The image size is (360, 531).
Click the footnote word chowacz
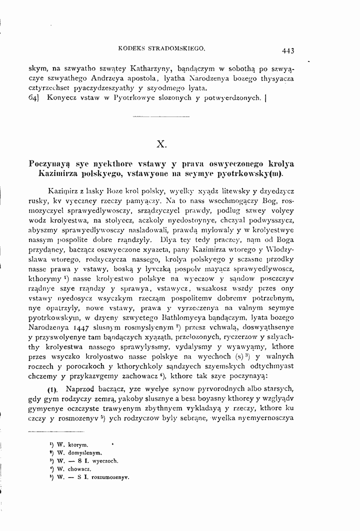80,469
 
